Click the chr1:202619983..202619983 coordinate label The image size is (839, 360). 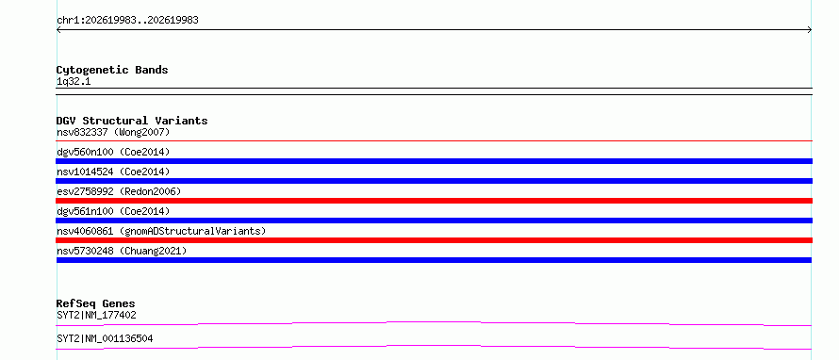coord(127,21)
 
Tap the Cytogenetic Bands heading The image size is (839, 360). coord(112,70)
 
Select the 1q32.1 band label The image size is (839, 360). coord(74,82)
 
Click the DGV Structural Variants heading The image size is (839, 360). coord(132,121)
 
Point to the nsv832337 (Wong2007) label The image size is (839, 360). coord(113,132)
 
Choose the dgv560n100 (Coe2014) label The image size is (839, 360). coord(113,152)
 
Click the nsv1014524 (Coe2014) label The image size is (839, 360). coord(113,172)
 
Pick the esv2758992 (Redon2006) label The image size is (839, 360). coord(119,191)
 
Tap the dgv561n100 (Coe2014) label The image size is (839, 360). coord(113,211)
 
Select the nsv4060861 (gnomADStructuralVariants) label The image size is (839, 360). coord(161,231)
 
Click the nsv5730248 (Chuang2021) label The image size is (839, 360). coord(122,251)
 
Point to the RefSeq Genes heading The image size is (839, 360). coord(96,303)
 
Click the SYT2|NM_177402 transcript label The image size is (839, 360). coord(96,316)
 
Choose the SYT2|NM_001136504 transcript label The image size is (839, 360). coord(105,338)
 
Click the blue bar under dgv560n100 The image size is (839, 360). coord(434,161)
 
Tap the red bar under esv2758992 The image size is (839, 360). coord(434,201)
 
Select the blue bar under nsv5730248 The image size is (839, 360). coord(434,260)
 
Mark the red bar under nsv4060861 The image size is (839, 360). coord(434,240)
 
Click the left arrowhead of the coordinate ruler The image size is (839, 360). coord(58,30)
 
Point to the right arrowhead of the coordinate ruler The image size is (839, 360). coord(811,30)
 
